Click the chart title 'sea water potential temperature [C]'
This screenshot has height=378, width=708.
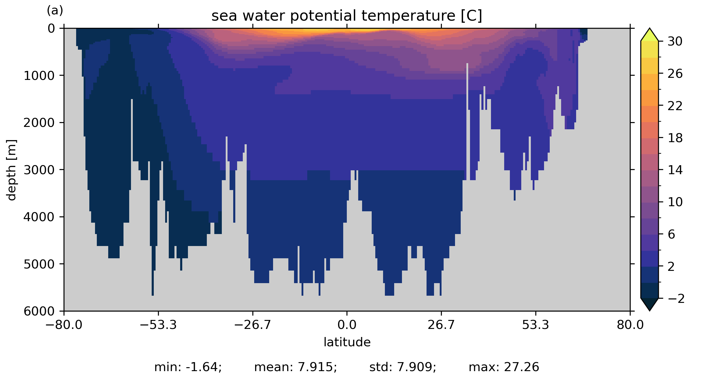pyautogui.click(x=347, y=16)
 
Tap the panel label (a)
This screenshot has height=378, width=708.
pyautogui.click(x=55, y=11)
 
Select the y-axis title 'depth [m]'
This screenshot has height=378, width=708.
pyautogui.click(x=11, y=170)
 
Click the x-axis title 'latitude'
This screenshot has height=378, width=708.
pyautogui.click(x=347, y=342)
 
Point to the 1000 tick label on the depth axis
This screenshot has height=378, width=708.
pyautogui.click(x=39, y=76)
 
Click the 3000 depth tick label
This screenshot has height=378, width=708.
pyautogui.click(x=39, y=170)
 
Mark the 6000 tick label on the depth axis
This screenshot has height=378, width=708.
pyautogui.click(x=39, y=311)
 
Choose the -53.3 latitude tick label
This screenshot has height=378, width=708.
pyautogui.click(x=158, y=325)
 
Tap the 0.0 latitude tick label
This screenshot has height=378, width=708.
pyautogui.click(x=347, y=325)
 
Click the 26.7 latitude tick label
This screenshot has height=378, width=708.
pyautogui.click(x=441, y=325)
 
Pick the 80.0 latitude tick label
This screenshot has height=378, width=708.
pyautogui.click(x=630, y=325)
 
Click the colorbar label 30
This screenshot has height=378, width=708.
pyautogui.click(x=675, y=42)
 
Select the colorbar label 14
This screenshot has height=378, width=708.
pyautogui.click(x=675, y=170)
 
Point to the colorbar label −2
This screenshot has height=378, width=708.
pyautogui.click(x=676, y=298)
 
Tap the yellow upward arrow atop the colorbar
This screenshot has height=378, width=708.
pyautogui.click(x=650, y=35)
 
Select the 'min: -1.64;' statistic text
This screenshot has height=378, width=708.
pyautogui.click(x=188, y=367)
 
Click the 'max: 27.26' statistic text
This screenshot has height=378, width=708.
pyautogui.click(x=504, y=367)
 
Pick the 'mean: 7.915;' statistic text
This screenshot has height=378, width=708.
pyautogui.click(x=296, y=367)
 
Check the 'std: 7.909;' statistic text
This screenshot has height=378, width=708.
pyautogui.click(x=403, y=367)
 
